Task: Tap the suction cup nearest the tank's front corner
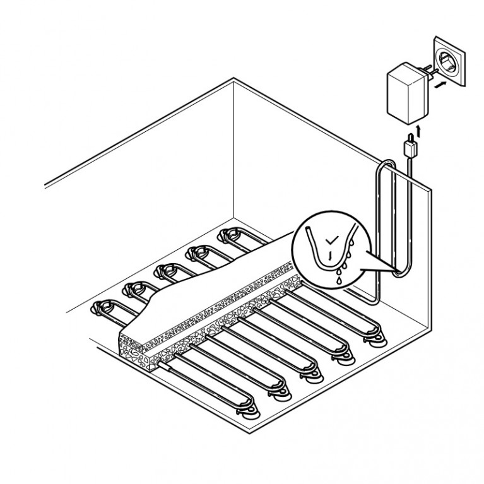click(250, 414)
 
